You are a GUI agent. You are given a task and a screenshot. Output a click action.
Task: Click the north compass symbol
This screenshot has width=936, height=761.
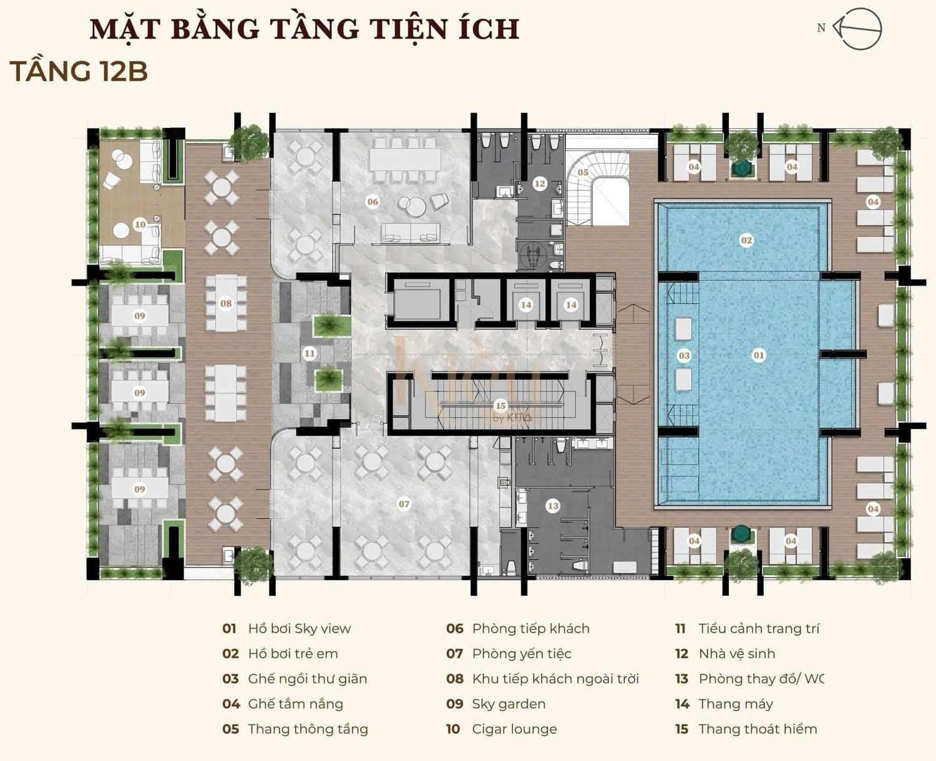(x=857, y=29)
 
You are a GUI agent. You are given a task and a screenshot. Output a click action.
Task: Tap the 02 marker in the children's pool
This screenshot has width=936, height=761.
(x=746, y=240)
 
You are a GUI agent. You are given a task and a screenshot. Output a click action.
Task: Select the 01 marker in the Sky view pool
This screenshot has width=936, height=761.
(x=758, y=355)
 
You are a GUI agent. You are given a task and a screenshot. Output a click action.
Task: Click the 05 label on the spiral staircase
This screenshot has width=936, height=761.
(x=583, y=172)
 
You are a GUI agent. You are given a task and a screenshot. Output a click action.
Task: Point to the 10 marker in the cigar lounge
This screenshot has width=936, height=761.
(x=140, y=225)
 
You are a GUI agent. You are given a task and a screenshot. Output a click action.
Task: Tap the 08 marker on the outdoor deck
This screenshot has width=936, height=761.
(x=226, y=303)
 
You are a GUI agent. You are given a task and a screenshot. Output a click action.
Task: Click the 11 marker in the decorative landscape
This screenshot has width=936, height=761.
(x=310, y=353)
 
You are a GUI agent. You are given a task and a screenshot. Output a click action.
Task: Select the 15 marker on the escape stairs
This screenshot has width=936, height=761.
(x=500, y=405)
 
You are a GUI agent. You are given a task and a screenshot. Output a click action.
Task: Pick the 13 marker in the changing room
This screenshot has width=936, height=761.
(x=553, y=506)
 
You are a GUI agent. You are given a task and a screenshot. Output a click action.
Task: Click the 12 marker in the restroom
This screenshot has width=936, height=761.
(x=540, y=184)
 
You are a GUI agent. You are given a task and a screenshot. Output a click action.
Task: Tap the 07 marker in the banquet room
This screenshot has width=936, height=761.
(x=404, y=504)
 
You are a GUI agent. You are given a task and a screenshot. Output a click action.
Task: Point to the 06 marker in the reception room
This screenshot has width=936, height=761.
(x=373, y=202)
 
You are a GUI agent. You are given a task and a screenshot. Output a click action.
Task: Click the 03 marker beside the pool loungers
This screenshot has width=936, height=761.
(x=684, y=356)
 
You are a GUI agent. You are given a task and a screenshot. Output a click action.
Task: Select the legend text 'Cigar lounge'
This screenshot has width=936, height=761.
(x=514, y=729)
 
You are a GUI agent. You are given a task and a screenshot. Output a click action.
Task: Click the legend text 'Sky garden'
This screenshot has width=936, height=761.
(x=509, y=704)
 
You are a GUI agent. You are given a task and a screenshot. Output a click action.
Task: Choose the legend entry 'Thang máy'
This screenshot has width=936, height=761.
(x=736, y=704)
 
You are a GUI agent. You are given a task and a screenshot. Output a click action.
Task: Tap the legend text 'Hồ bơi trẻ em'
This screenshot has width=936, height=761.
(x=293, y=654)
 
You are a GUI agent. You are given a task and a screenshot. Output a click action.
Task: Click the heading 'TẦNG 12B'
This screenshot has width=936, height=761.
(x=79, y=71)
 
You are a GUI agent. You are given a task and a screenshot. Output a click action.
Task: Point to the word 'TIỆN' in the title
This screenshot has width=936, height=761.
(x=411, y=29)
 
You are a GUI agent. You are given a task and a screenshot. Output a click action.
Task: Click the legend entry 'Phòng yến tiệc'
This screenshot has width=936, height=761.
(x=522, y=654)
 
